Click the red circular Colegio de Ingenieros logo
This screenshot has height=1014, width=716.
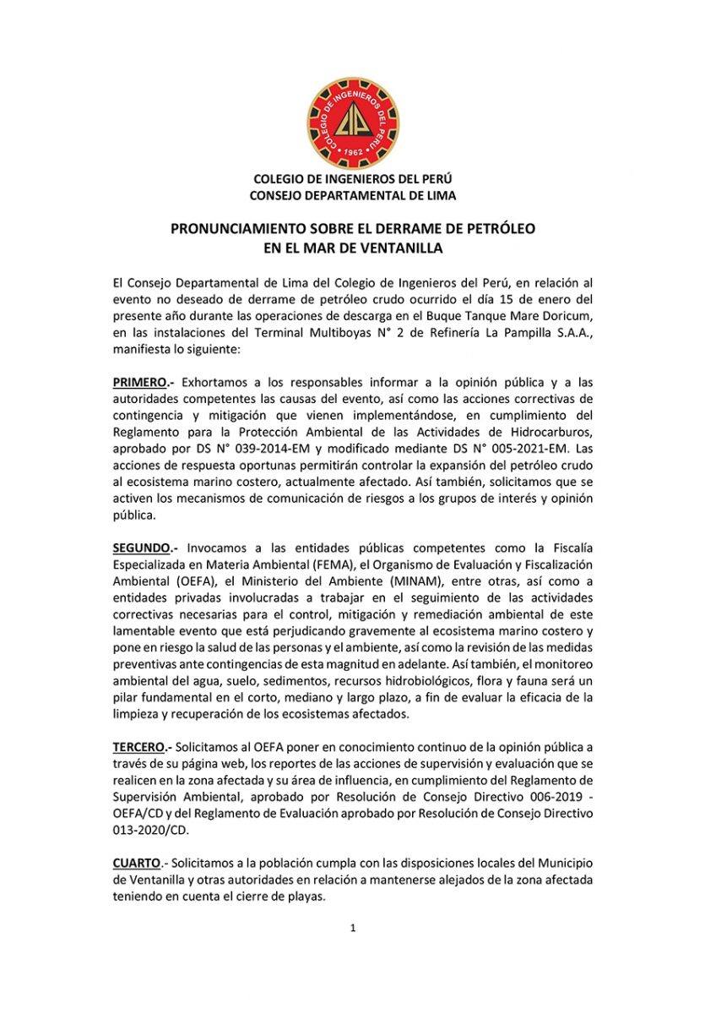[352, 123]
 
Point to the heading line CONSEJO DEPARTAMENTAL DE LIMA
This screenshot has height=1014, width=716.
[352, 195]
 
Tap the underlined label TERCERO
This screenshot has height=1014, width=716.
[142, 748]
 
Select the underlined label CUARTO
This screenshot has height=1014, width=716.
[138, 863]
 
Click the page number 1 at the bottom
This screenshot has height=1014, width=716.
[353, 929]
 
